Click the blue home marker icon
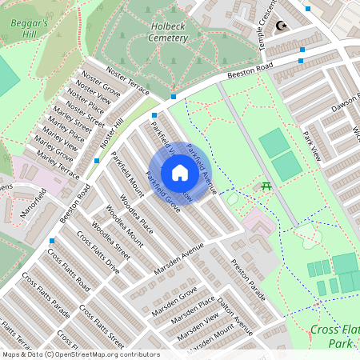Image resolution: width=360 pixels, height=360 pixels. point(180,173)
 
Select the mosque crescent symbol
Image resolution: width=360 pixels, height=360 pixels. point(282,26)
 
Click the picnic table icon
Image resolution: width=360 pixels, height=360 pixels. point(266,186)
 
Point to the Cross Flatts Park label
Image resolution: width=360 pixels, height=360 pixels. point(332,336)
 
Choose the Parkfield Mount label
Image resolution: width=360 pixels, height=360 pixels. point(127,174)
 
